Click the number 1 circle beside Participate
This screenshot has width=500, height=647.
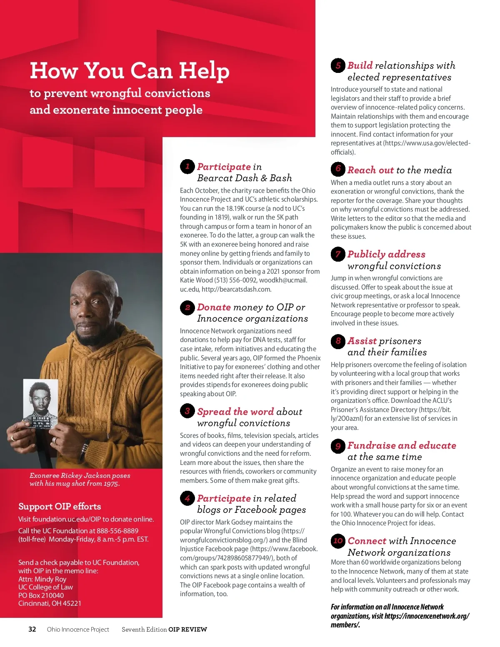point(187,167)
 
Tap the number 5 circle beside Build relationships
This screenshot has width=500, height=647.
point(338,65)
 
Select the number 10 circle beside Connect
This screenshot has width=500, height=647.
point(338,541)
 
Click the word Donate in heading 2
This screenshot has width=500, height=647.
point(214,307)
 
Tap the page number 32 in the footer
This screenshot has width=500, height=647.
point(32,629)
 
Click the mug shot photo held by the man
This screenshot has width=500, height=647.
point(40,404)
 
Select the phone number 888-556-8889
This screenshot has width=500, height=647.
point(117,531)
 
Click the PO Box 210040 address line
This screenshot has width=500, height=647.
point(41,595)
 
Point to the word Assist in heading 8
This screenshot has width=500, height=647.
point(362,341)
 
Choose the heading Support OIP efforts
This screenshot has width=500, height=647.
point(60,506)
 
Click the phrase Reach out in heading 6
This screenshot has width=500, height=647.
point(370,170)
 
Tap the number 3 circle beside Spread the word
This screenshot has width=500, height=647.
point(187,412)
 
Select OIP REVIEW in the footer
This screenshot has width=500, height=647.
point(187,629)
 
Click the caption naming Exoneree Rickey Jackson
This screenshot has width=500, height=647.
point(80,479)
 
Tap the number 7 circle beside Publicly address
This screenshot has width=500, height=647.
point(338,254)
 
